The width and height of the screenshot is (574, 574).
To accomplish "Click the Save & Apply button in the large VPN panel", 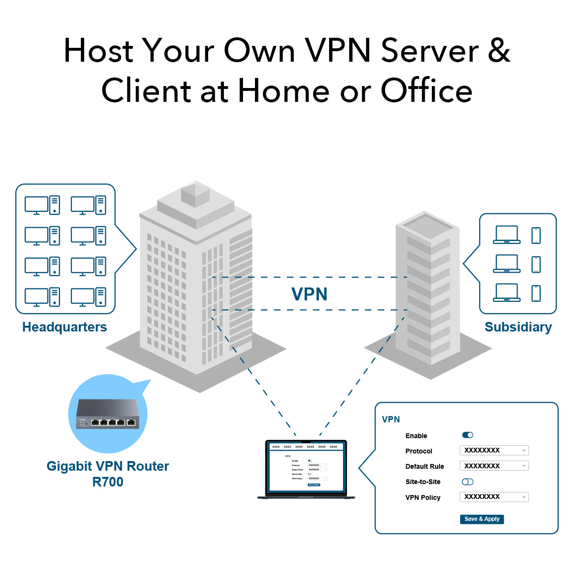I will (x=482, y=519).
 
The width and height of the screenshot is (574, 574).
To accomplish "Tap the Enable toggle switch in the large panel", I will (x=467, y=435).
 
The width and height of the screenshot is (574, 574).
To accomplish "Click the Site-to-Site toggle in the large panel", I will (x=467, y=482).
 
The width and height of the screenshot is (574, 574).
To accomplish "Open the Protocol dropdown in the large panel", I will (x=494, y=450).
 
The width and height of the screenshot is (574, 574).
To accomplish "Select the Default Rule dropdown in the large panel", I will (x=494, y=465).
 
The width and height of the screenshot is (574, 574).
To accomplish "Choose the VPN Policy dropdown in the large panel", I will (x=494, y=497).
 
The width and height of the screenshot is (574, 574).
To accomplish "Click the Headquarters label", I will (x=65, y=327).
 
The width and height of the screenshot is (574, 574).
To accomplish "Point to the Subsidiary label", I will (x=518, y=327).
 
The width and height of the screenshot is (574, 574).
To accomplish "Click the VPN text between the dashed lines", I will (x=309, y=294).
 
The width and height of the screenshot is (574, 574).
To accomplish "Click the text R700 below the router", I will (x=108, y=482).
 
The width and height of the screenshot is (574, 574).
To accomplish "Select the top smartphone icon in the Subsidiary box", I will (x=536, y=235).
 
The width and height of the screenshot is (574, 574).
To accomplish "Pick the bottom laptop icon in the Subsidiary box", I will (x=507, y=292).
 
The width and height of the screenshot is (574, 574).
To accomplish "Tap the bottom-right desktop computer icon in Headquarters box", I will (x=88, y=297).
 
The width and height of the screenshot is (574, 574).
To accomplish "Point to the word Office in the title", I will (x=426, y=91).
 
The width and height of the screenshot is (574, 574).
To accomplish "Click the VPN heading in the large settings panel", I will (x=391, y=419).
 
